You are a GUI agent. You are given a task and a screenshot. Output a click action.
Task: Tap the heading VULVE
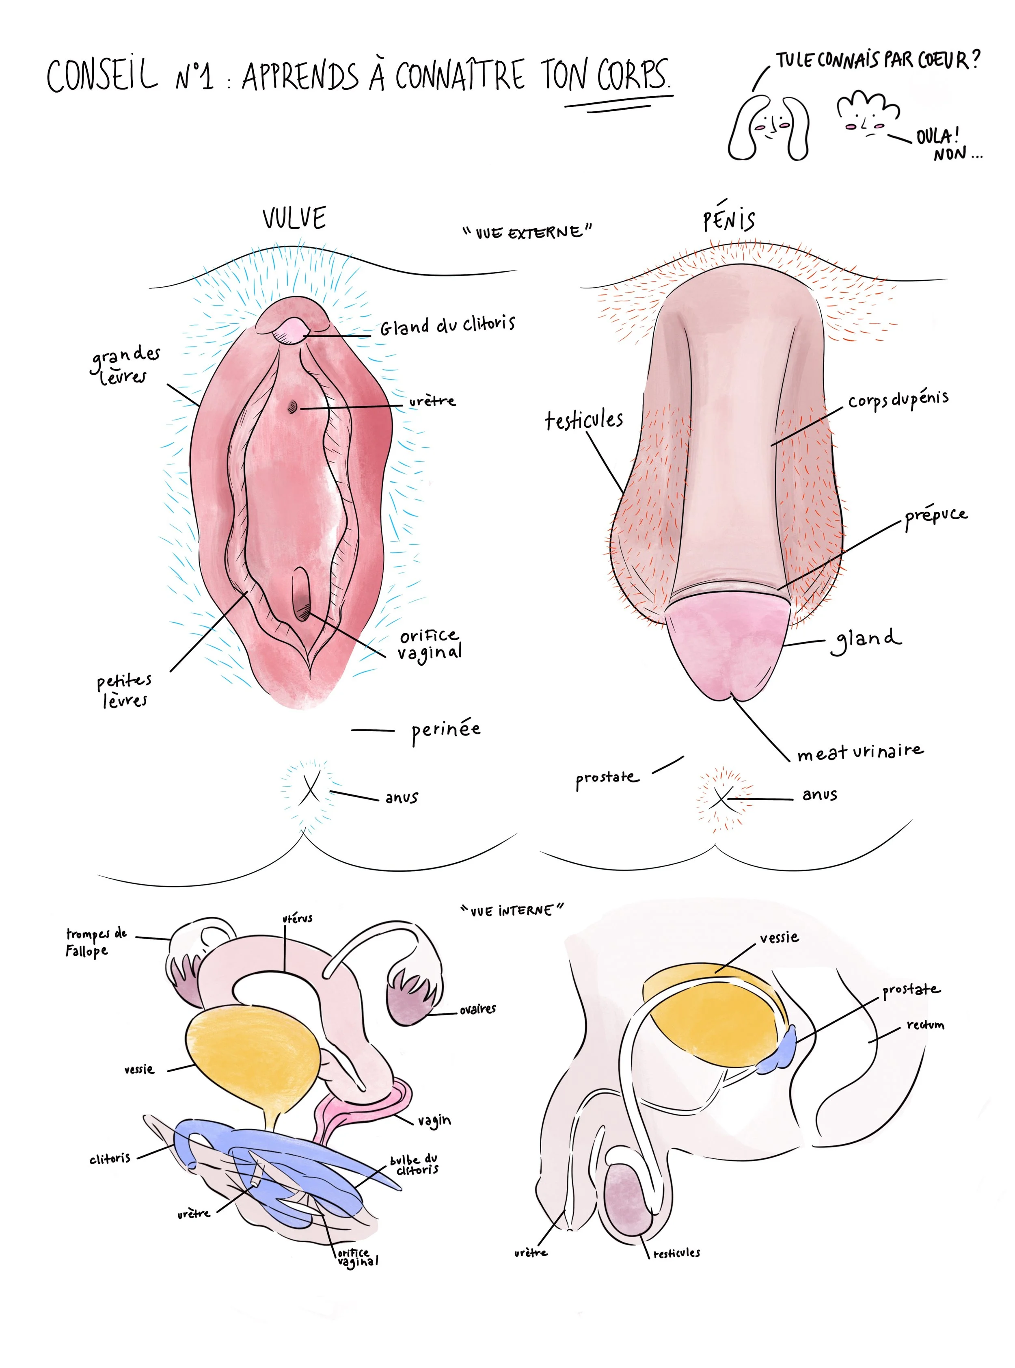pos(294,218)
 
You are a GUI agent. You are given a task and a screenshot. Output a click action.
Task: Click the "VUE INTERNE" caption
pos(512,910)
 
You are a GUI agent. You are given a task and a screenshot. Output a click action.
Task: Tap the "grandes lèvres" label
pos(125,365)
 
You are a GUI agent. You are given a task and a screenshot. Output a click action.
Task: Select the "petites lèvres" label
pos(124,690)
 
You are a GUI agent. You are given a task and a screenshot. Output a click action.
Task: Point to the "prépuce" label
pos(935,516)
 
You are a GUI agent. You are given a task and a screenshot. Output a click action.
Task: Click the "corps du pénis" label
pos(898,399)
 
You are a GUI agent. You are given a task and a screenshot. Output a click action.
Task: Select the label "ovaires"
pos(477,1009)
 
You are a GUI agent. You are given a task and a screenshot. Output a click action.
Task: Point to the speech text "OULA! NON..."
pos(946,145)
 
